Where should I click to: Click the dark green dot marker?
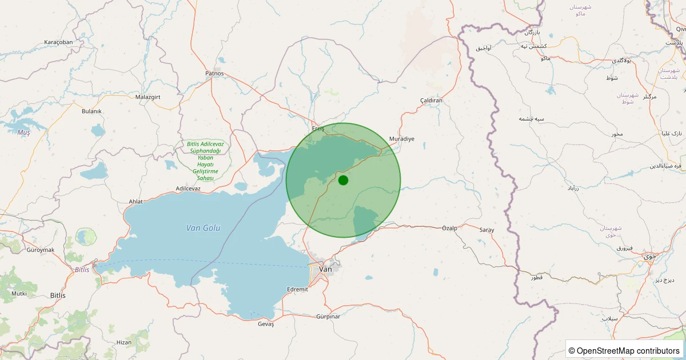[343, 180]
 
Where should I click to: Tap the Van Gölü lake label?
[204, 228]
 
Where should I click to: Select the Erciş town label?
[318, 129]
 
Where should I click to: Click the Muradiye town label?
[401, 139]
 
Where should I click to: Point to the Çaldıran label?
[432, 101]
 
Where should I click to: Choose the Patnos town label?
[214, 74]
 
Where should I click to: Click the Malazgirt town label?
[148, 97]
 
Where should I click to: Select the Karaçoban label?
[58, 42]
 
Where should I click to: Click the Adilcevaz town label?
[188, 188]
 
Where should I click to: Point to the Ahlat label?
[135, 201]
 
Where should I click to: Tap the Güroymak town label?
[40, 250]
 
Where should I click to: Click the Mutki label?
[19, 294]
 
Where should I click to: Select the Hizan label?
[123, 342]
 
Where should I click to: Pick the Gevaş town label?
[266, 324]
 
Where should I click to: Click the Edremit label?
[298, 289]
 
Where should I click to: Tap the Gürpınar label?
[328, 317]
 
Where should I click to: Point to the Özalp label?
[450, 229]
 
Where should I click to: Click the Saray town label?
[486, 230]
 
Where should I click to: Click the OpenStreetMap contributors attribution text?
[628, 350]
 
